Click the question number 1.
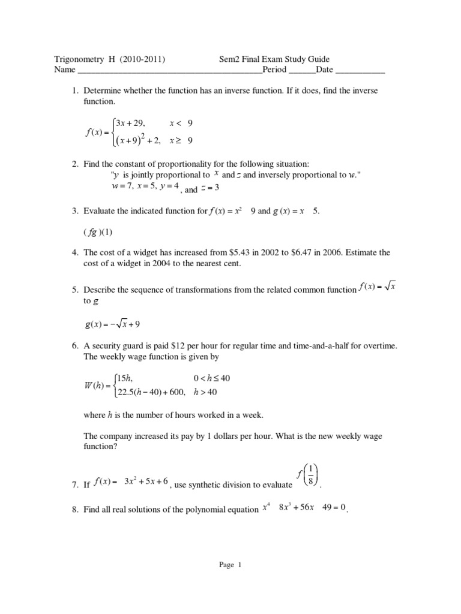74,91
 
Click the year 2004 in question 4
168,264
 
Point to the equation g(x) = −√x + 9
113,324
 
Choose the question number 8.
74,510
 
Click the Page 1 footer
230,564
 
